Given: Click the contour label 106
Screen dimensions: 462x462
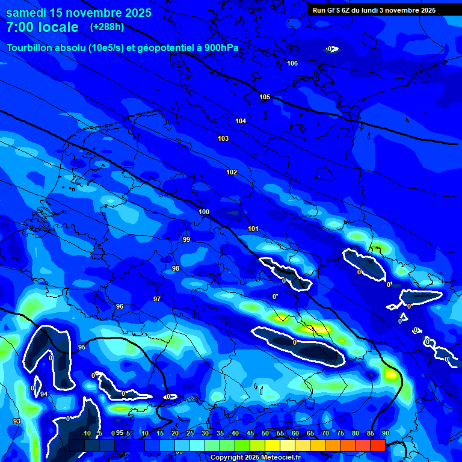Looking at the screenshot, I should [x=292, y=63].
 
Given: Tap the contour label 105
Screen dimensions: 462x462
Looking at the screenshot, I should [x=265, y=97].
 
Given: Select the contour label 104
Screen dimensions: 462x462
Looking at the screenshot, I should [x=241, y=121].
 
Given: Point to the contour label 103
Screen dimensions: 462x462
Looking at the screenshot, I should [x=223, y=138].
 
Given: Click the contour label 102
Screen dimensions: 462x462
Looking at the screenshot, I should [x=232, y=172].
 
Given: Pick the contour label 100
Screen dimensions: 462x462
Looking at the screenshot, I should [x=204, y=212].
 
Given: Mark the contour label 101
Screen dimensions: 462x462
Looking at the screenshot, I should [x=253, y=229].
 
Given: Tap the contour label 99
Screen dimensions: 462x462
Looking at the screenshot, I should [x=186, y=239].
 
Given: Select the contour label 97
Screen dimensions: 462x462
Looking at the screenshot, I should [x=157, y=299].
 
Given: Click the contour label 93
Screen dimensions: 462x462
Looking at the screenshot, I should [x=16, y=421].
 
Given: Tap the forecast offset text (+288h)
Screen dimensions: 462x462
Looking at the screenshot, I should [x=107, y=27].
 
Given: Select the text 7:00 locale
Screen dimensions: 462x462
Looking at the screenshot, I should [x=42, y=27].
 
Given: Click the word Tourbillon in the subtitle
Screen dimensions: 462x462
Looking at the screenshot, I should [x=29, y=48].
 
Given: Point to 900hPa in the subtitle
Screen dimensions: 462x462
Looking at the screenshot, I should [x=224, y=48].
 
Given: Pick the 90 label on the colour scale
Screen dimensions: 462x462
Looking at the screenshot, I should [x=385, y=433].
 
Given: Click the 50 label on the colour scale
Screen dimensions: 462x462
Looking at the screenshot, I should [x=265, y=433].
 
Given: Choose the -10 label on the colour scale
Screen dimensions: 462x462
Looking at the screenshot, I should [x=85, y=433].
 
